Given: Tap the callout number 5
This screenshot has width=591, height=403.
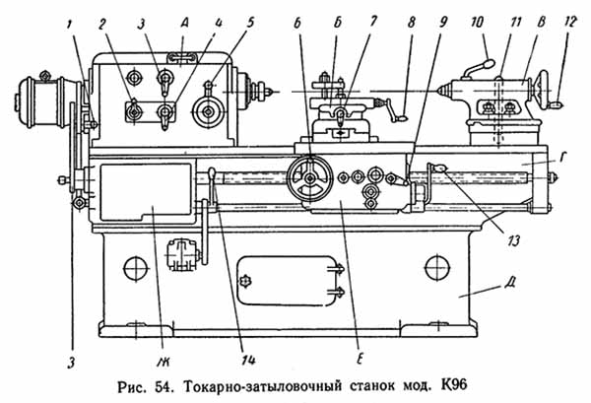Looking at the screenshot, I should (x=248, y=22).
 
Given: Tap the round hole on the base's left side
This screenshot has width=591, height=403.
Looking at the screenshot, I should (x=135, y=267).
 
